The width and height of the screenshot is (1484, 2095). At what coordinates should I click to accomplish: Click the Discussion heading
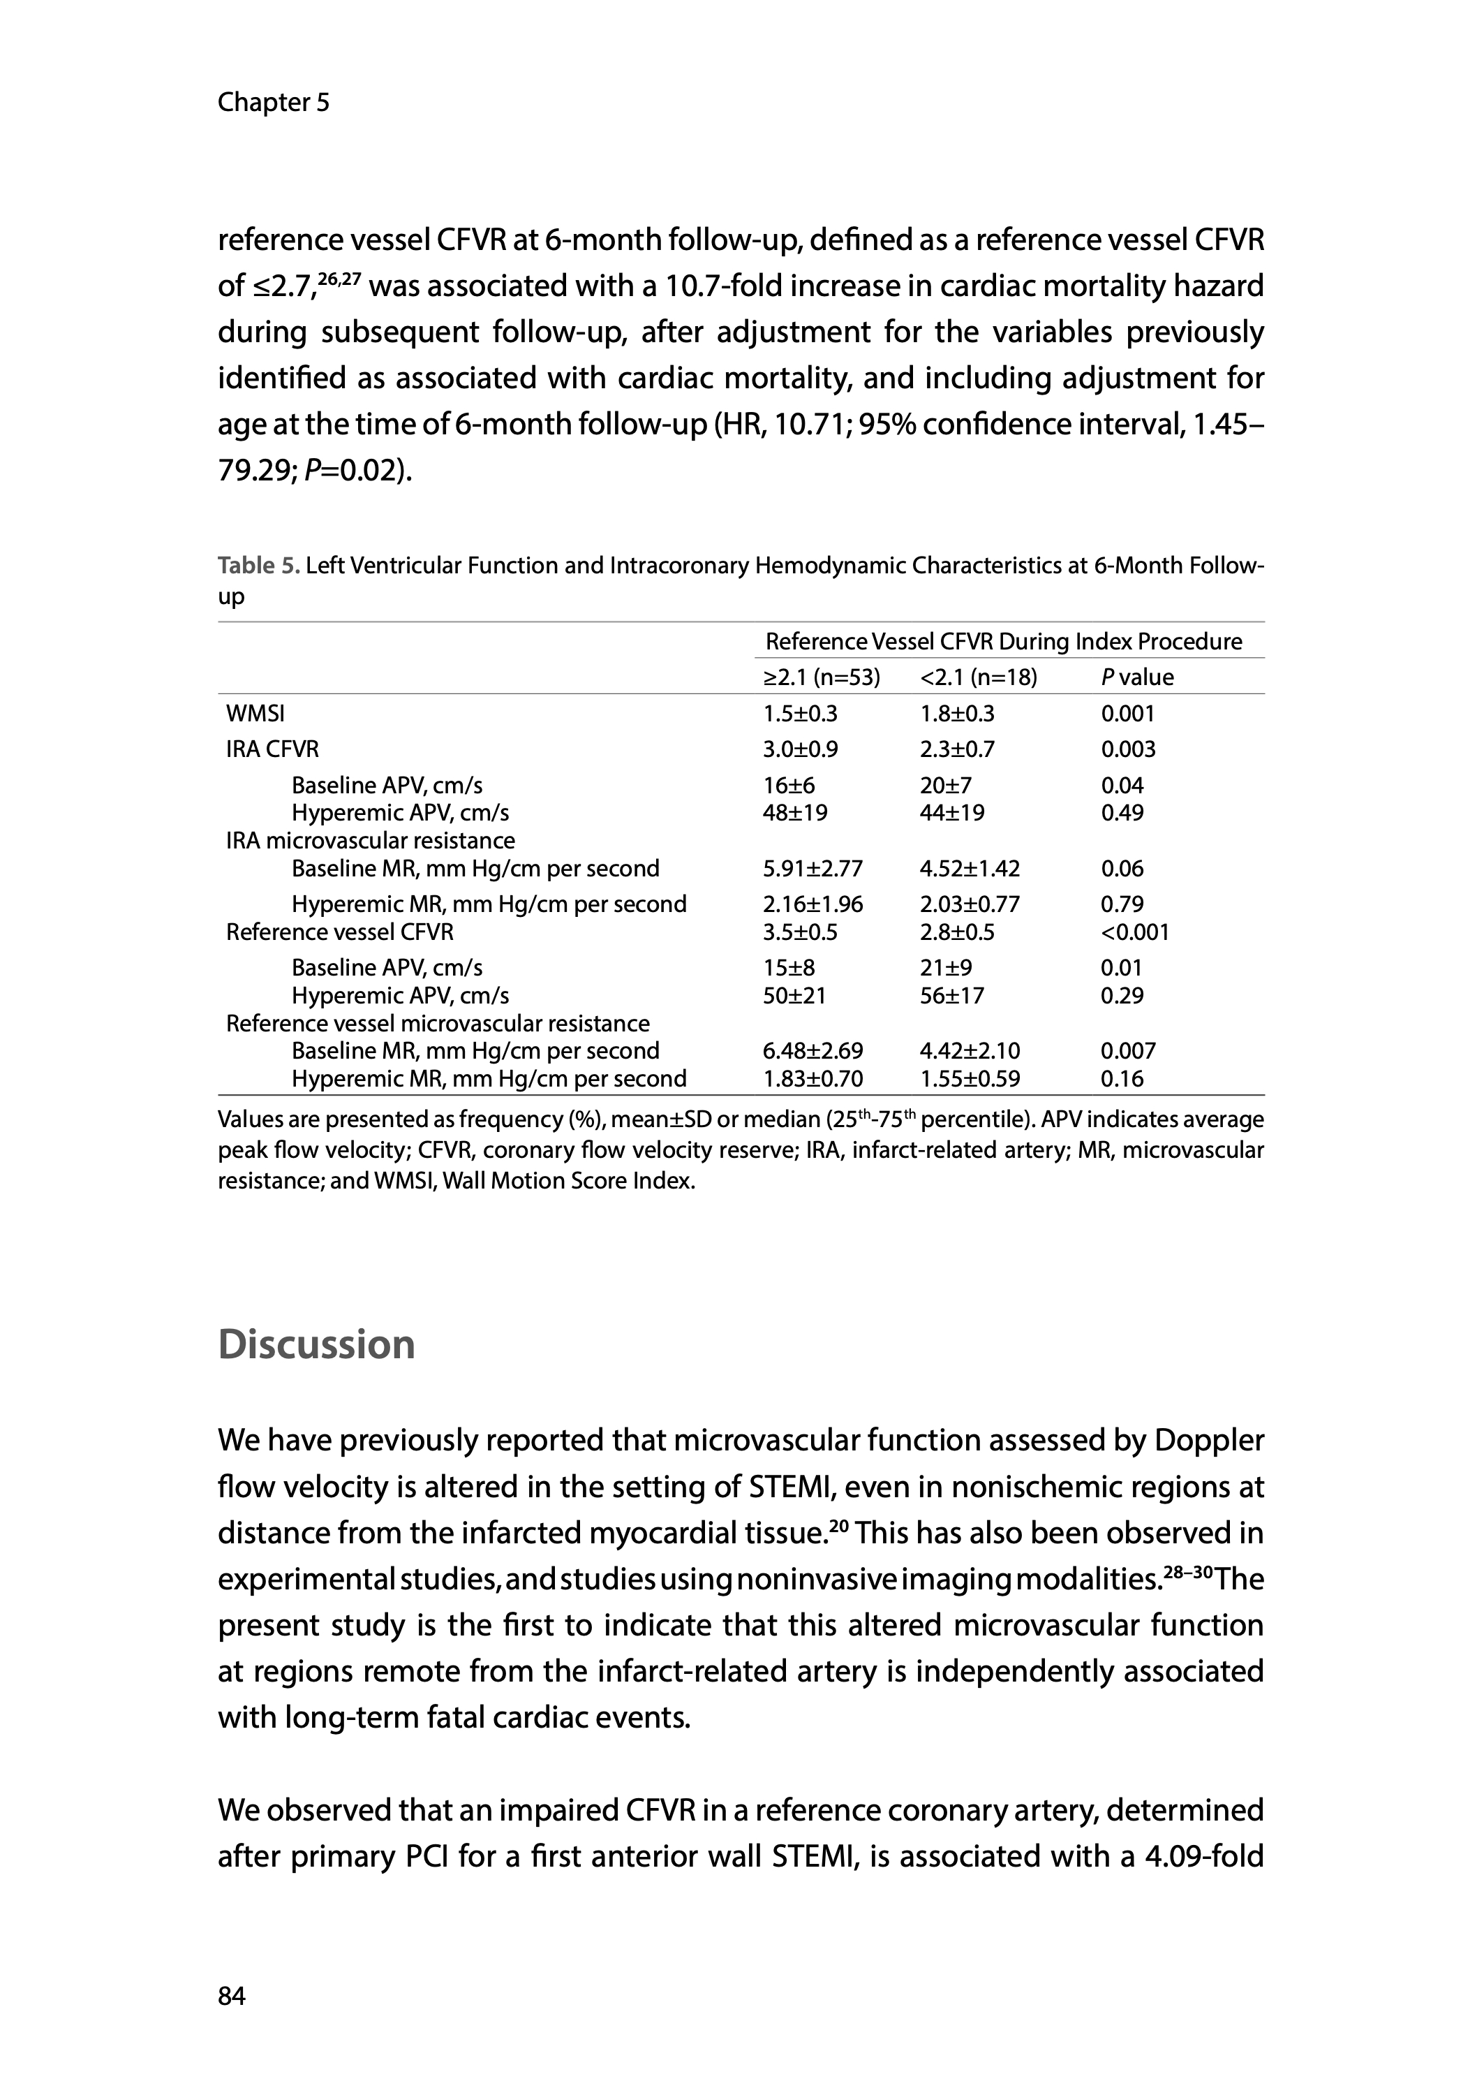pos(316,1344)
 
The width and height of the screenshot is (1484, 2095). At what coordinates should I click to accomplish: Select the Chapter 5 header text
pos(273,103)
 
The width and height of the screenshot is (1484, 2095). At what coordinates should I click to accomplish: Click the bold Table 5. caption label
pos(258,566)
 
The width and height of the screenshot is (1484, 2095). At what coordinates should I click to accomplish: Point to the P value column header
pos(1137,677)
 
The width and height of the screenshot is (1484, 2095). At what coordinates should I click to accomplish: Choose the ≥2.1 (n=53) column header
pos(822,677)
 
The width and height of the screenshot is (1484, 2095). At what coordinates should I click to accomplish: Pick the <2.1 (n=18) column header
pos(979,677)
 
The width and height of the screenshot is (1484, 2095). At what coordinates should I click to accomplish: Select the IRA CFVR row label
pos(272,749)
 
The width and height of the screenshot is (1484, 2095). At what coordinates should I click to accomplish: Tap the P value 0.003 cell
pos(1127,749)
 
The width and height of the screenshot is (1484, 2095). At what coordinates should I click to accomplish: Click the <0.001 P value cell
pos(1134,932)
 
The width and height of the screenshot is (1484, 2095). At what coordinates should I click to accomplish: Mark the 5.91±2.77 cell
pos(813,868)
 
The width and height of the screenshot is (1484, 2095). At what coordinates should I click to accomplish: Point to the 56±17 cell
pos(952,995)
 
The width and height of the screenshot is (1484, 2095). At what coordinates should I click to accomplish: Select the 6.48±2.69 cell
pos(813,1051)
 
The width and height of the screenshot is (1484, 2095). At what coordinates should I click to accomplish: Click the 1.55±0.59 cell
pos(970,1079)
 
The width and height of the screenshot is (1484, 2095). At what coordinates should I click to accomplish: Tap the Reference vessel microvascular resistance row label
pos(438,1024)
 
